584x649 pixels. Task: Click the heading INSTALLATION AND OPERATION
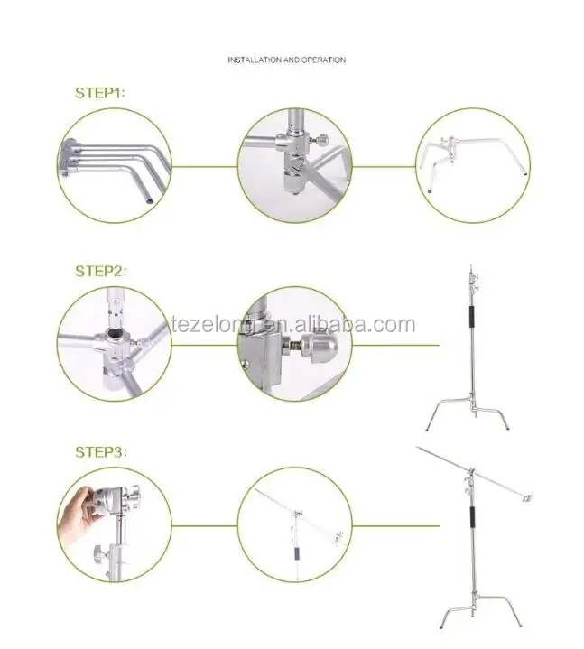[x=286, y=60]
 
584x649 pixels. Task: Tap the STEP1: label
[x=100, y=93]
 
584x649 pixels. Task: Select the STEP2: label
[x=101, y=271]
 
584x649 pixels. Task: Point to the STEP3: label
[x=101, y=451]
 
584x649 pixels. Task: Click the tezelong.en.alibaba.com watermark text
[x=293, y=324]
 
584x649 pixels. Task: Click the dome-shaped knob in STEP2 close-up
[x=320, y=343]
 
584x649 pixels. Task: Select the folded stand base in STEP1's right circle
[x=473, y=163]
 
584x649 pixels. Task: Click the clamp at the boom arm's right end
[x=527, y=497]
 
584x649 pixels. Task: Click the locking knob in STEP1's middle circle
[x=320, y=140]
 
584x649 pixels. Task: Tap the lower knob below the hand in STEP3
[x=99, y=552]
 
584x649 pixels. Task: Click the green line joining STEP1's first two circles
[x=205, y=167]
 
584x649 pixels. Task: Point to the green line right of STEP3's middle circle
[x=395, y=526]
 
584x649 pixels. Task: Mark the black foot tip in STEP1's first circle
[x=150, y=201]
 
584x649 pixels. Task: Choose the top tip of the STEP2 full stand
[x=470, y=265]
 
